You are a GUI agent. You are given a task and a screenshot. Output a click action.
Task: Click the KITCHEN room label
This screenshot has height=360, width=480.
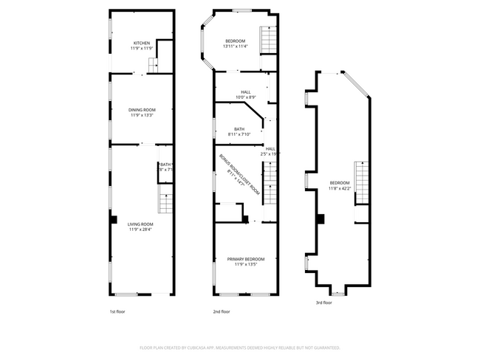141,43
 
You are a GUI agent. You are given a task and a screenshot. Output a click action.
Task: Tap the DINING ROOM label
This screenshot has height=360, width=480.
141,110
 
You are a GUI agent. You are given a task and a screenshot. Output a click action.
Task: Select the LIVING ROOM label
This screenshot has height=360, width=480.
140,224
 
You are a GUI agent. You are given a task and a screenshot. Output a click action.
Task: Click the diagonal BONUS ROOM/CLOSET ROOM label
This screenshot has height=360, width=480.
239,176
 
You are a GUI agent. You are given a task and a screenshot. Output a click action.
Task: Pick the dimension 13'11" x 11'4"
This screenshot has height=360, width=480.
235,46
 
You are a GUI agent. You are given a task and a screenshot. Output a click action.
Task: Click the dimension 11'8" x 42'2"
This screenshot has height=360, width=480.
339,188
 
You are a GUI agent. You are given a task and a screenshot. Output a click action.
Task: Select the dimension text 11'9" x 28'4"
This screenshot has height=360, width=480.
140,229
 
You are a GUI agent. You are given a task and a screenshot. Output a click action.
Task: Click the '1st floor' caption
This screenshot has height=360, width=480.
117,311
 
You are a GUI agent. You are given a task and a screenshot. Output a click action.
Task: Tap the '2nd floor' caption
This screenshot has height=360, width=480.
222,311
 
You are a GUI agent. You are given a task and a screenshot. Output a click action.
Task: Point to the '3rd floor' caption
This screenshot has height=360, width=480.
323,302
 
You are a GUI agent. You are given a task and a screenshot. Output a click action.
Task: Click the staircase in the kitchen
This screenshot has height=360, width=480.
154,66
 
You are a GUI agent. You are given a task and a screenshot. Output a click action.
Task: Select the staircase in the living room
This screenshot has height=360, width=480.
166,199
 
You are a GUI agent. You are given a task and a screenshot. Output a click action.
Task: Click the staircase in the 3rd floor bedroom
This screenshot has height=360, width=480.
361,180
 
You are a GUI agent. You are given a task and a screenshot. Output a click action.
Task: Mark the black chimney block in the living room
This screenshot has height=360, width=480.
113,219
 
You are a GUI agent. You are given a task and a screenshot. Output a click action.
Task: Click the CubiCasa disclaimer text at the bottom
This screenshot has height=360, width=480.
239,347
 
